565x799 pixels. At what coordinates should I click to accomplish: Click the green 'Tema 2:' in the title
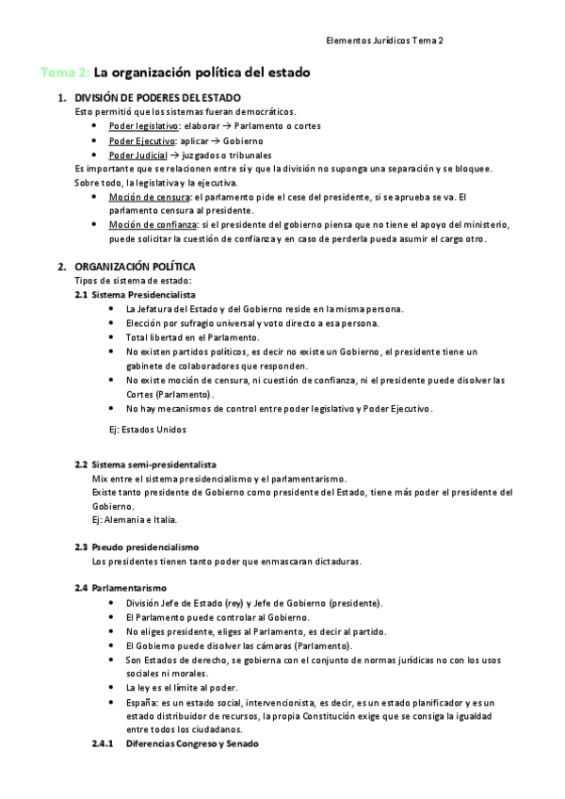click(64, 73)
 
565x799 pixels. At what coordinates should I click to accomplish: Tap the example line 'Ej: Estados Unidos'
click(148, 430)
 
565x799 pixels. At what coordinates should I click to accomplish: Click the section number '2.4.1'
click(103, 743)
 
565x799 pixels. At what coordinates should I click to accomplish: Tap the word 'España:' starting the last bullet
click(143, 703)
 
